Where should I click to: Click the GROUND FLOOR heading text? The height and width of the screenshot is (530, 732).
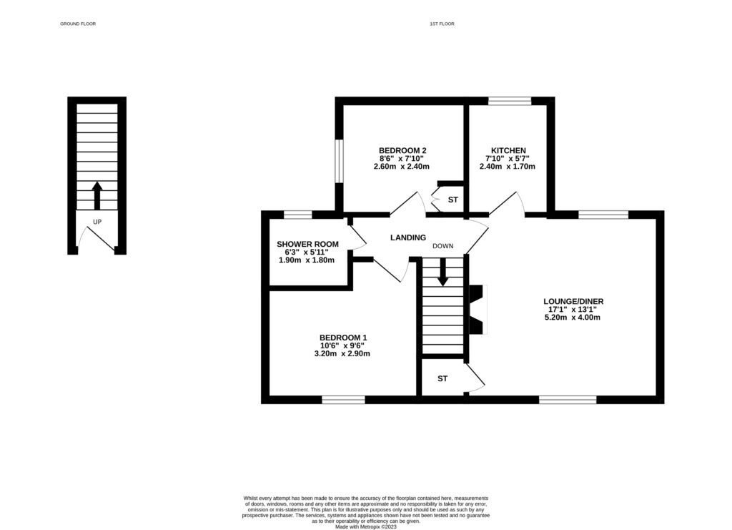point(78,24)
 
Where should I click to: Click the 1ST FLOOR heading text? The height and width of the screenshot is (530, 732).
point(442,24)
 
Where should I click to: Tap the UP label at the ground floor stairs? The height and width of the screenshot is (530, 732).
point(97,222)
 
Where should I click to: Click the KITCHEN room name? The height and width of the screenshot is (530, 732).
point(508,150)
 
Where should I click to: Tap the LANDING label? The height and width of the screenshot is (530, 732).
point(407,237)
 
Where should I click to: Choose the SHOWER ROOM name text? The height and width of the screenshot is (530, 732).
point(308,245)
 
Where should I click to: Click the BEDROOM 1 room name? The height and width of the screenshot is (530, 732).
point(344,338)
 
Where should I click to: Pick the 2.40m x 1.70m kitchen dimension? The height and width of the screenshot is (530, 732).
point(508,167)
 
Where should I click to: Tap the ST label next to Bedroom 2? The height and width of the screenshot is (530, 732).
point(452,200)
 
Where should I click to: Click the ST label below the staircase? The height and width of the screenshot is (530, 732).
point(442,378)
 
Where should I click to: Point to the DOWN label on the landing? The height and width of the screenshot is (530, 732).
point(442,246)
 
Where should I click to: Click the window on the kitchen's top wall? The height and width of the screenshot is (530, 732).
point(510,101)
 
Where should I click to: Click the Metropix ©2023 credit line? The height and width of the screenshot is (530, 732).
point(366,526)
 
